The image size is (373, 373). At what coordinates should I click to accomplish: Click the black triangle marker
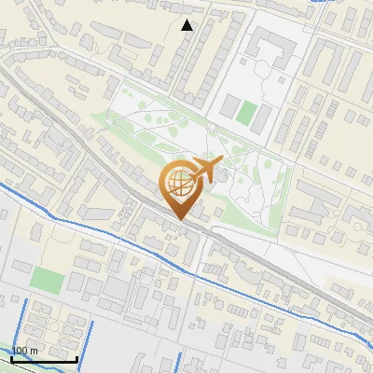point(187,25)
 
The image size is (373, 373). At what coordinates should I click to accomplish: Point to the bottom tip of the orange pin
point(180,220)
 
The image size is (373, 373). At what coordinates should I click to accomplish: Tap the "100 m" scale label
point(25,352)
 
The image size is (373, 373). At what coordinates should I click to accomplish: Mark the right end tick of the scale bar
point(76,358)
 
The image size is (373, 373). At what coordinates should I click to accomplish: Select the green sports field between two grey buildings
point(246,114)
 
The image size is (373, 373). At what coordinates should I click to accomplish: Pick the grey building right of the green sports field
point(265,117)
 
